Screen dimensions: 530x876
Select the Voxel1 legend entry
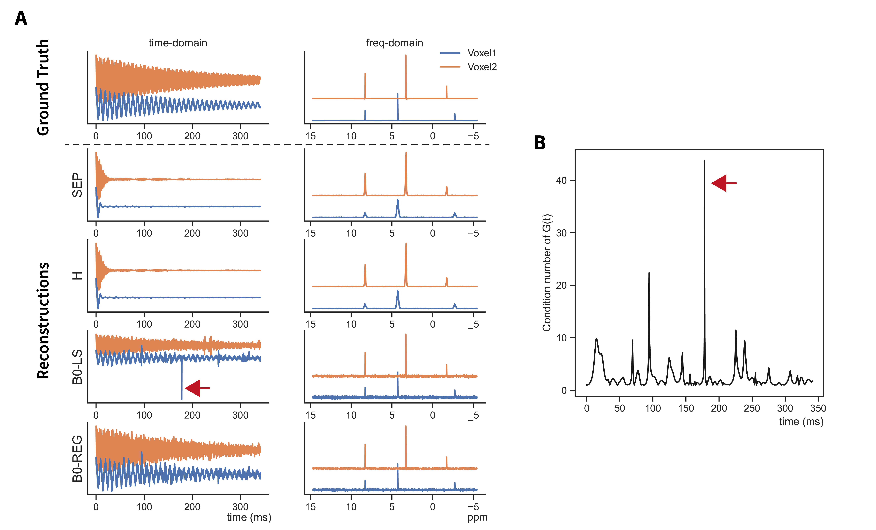point(481,53)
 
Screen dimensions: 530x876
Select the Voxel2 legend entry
point(481,67)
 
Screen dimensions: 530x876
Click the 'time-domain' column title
point(178,43)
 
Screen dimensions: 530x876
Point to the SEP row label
point(77,185)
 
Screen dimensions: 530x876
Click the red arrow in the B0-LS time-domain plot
point(197,388)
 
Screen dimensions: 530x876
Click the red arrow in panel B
point(723,183)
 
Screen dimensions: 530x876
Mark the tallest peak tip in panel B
point(704,161)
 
